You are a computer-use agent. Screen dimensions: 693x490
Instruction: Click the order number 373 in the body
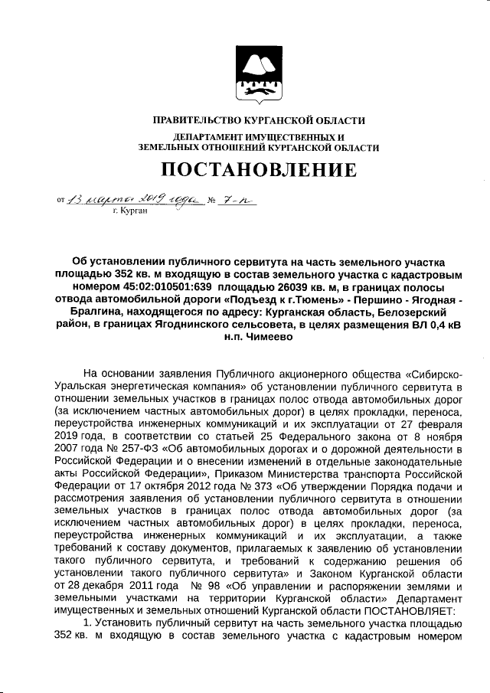pyautogui.click(x=273, y=486)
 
